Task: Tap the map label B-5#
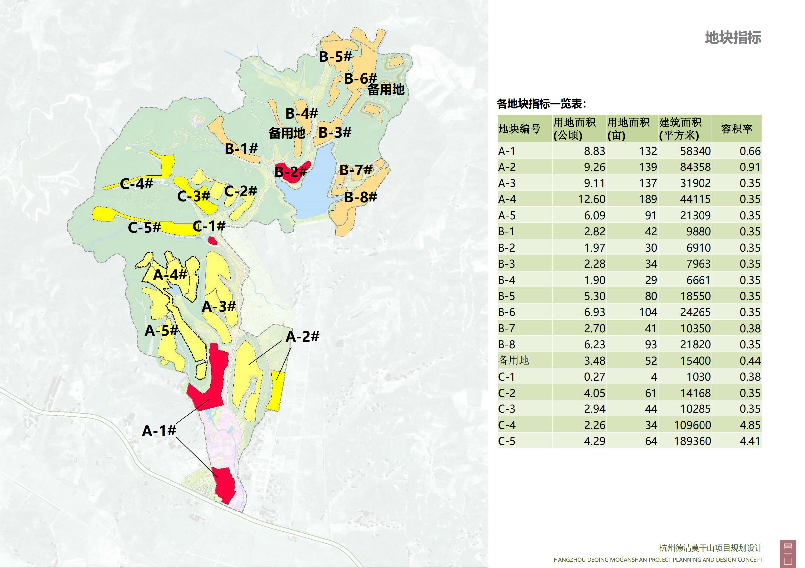[335, 57]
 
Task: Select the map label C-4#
[136, 184]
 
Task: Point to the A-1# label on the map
[159, 431]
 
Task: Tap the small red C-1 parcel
[212, 240]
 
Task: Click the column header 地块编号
[519, 129]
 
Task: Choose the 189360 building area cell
[692, 441]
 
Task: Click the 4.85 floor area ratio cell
[750, 425]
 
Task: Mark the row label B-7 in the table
[506, 328]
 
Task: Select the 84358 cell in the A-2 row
[695, 167]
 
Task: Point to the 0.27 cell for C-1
[594, 377]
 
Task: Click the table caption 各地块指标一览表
[541, 104]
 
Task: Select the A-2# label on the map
[302, 337]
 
